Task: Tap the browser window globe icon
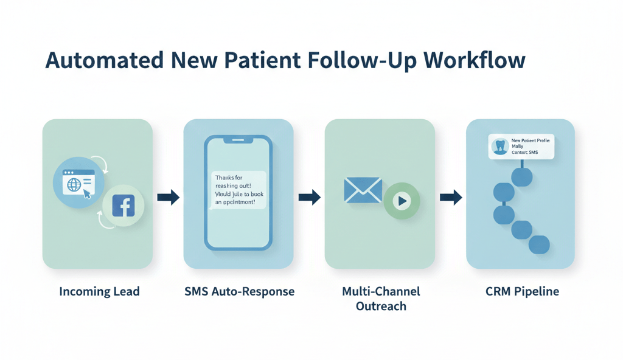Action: (x=74, y=184)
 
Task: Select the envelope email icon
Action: (x=363, y=190)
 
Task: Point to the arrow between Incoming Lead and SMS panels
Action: (x=168, y=197)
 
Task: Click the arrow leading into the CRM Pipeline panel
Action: (x=450, y=197)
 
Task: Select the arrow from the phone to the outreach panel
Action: (x=309, y=197)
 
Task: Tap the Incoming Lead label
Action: (x=99, y=291)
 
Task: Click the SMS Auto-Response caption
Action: (x=239, y=291)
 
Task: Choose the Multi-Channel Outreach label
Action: (x=381, y=298)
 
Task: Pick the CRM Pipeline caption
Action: (x=522, y=291)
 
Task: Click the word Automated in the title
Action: (x=104, y=61)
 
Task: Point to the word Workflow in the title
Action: (x=475, y=61)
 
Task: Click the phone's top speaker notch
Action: (x=238, y=140)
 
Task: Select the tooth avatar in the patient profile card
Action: (x=500, y=147)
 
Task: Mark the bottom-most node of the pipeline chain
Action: (x=539, y=245)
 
